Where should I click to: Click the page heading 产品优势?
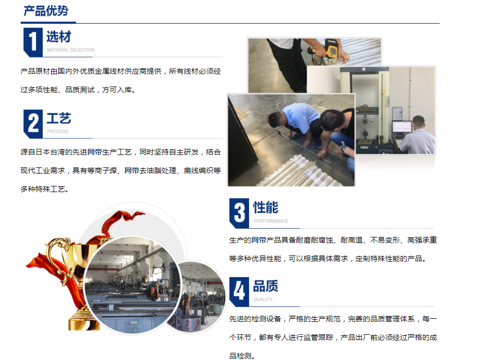point(46,11)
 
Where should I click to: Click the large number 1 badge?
point(32,42)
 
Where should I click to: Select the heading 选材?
point(58,37)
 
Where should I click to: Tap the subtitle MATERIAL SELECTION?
point(71,50)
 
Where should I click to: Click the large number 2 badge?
point(32,124)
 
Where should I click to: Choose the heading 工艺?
point(58,119)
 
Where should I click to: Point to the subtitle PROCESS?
point(57,131)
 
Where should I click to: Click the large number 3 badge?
point(239,213)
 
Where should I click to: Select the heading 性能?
point(265,208)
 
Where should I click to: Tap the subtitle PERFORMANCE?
point(271,221)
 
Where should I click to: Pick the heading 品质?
point(265,286)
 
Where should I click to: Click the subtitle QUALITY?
point(263,299)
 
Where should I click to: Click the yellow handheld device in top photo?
point(330,50)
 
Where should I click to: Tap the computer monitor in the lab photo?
point(402,127)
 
